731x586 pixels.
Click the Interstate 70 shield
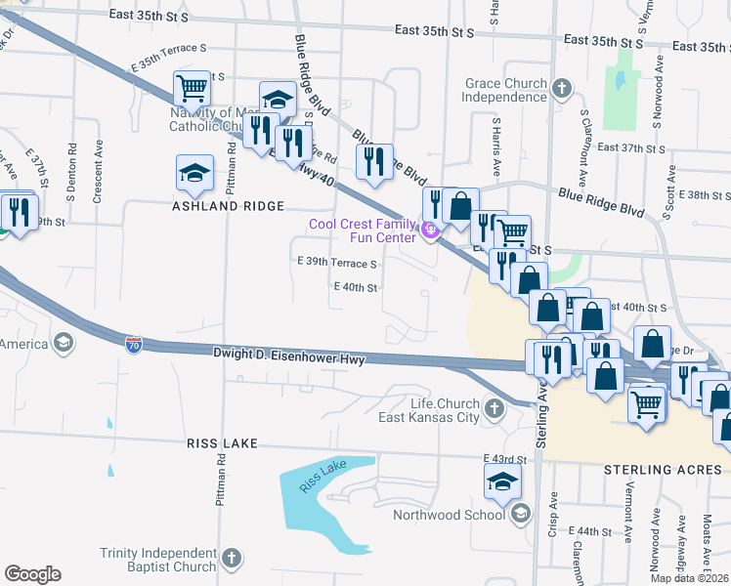pos(134,344)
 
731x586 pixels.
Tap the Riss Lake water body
pos(322,488)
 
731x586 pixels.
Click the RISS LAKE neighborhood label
pos(222,443)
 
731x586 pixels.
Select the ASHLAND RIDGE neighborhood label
pos(229,206)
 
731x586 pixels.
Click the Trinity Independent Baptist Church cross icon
pos(231,559)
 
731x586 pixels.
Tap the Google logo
pos(32,574)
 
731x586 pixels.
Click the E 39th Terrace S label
pos(337,264)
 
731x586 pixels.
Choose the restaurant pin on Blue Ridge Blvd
pos(373,162)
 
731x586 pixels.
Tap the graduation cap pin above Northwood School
pos(502,481)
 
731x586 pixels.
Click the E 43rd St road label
pos(505,459)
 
